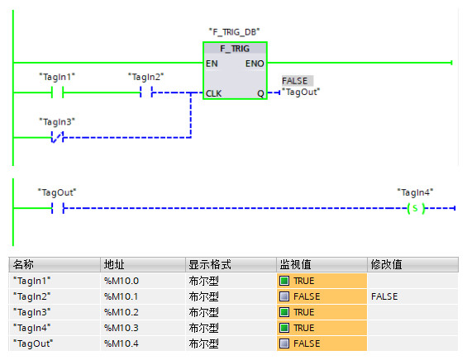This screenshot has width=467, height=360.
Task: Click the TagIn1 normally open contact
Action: pyautogui.click(x=57, y=92)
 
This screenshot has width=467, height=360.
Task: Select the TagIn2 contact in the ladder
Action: pyautogui.click(x=146, y=92)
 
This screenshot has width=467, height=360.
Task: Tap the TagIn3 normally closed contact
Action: pyautogui.click(x=57, y=137)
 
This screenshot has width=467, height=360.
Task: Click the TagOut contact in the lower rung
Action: pyautogui.click(x=58, y=208)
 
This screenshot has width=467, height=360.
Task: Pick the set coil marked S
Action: pyautogui.click(x=416, y=208)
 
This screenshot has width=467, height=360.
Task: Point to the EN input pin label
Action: pyautogui.click(x=212, y=64)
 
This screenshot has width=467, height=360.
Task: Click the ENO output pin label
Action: pyautogui.click(x=255, y=64)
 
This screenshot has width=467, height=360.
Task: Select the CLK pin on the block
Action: pyautogui.click(x=213, y=94)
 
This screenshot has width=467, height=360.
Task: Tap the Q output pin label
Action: pyautogui.click(x=260, y=94)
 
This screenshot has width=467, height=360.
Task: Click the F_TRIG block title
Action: pyautogui.click(x=235, y=49)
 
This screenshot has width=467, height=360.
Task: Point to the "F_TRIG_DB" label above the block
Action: pyautogui.click(x=234, y=32)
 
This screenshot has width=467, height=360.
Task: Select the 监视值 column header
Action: pyautogui.click(x=295, y=264)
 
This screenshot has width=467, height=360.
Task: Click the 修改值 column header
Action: pyautogui.click(x=386, y=264)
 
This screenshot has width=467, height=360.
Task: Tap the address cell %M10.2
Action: pyautogui.click(x=122, y=312)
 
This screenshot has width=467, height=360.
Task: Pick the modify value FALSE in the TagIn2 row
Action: pyautogui.click(x=384, y=296)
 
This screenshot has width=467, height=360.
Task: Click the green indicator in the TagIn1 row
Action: pyautogui.click(x=284, y=281)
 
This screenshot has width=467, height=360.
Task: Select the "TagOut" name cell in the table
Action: pyautogui.click(x=33, y=343)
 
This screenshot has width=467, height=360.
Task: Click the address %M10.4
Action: pyautogui.click(x=122, y=343)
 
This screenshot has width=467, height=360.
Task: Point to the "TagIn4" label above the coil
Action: pyautogui.click(x=415, y=192)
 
